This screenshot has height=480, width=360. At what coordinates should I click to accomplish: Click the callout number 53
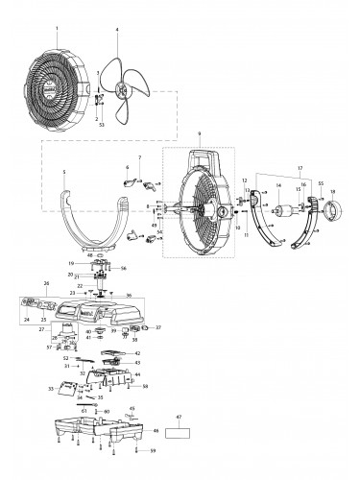click(x=102, y=124)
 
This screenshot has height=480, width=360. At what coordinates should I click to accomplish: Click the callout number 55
click(x=320, y=182)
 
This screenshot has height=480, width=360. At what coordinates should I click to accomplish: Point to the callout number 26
click(x=45, y=283)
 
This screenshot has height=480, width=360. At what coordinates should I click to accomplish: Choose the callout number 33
click(x=50, y=389)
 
